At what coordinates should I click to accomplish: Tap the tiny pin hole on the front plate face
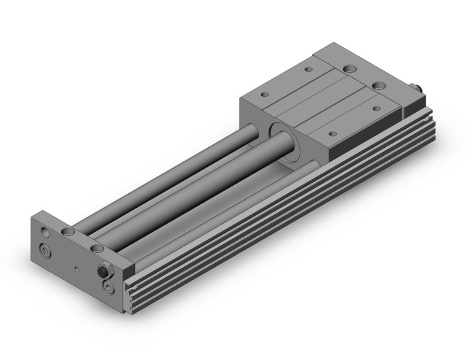(75, 269)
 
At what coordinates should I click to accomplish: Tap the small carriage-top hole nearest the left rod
(265, 95)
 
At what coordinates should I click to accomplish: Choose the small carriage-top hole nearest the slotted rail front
(332, 134)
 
